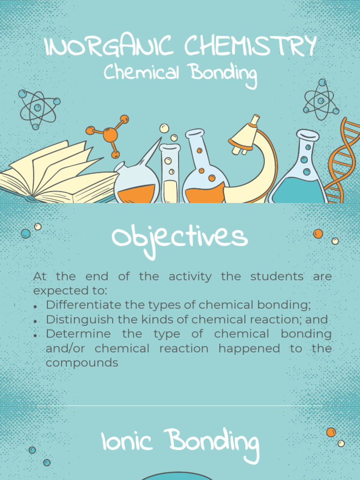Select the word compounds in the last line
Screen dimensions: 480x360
82,363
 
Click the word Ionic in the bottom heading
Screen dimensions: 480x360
126,442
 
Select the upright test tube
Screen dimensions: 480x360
170,173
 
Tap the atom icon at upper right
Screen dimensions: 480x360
321,99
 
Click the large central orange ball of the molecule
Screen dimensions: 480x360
110,135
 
